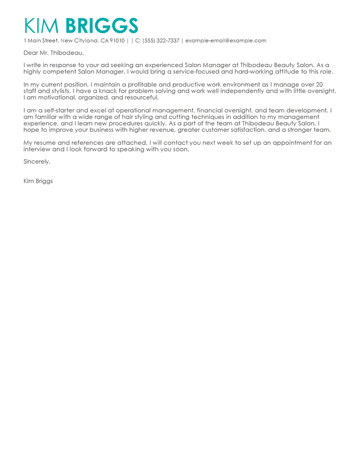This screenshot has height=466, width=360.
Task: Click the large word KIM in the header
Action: (43, 26)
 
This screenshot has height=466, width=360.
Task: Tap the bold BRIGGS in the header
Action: (101, 26)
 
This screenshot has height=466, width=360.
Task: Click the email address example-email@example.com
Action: (226, 40)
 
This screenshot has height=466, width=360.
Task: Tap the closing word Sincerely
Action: (37, 161)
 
